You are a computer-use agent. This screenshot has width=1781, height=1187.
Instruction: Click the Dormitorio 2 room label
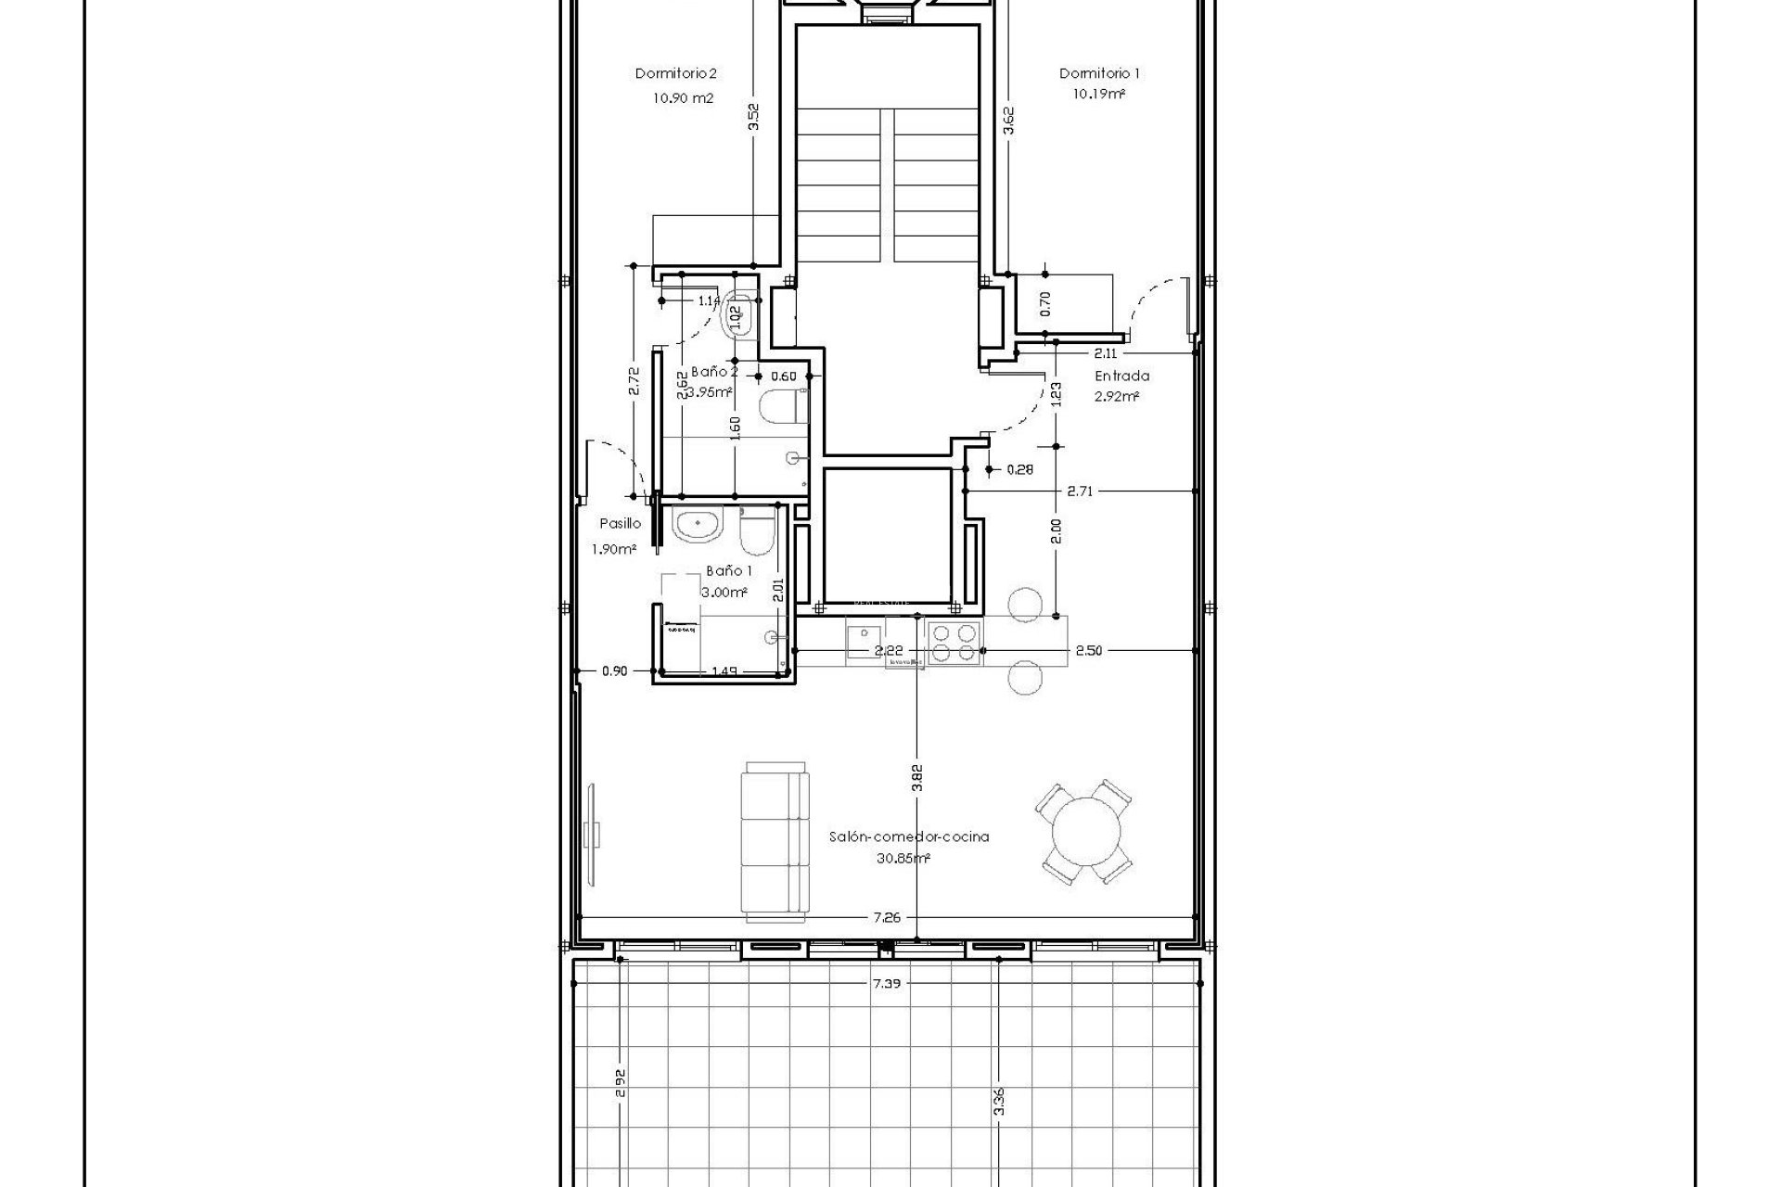point(675,73)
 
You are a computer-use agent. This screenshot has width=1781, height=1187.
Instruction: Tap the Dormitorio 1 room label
point(1099,73)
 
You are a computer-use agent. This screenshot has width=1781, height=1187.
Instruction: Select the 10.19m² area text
point(1099,95)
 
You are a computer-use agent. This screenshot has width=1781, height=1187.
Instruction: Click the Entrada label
point(1121,377)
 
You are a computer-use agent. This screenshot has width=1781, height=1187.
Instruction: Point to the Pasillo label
point(620,524)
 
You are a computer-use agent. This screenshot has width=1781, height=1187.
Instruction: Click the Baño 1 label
point(728,571)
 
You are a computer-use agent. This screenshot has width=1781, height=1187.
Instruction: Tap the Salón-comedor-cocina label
point(908,836)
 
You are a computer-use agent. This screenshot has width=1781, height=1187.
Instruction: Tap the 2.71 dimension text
point(1079,491)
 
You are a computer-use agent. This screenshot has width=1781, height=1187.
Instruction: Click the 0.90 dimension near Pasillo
point(614,671)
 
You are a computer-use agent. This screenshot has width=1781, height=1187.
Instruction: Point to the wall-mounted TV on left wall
point(595,831)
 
